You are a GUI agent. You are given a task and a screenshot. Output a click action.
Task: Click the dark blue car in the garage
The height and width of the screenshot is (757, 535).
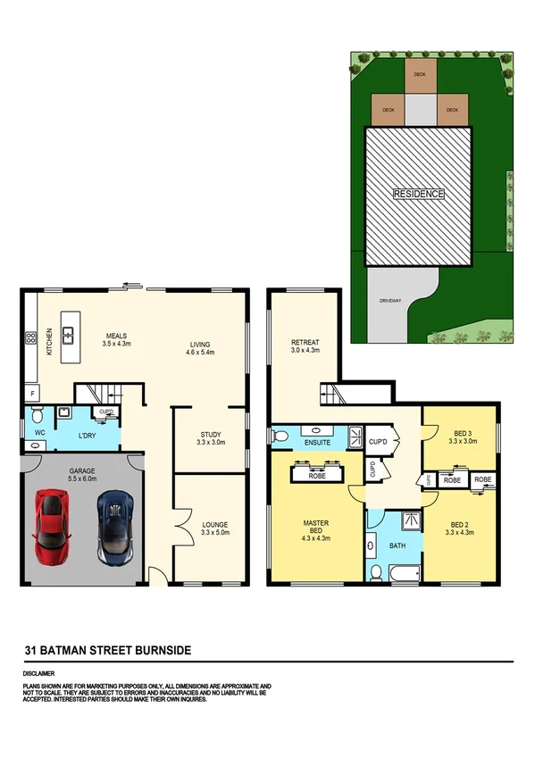click(114, 526)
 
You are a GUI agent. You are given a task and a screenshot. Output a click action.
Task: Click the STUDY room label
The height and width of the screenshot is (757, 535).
click(211, 435)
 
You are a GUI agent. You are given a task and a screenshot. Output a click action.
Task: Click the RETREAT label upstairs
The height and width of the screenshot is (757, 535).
click(305, 342)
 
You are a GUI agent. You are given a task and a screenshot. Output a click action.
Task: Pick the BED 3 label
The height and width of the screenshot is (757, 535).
click(459, 433)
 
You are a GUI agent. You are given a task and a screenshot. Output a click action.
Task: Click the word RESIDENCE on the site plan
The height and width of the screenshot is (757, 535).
click(419, 193)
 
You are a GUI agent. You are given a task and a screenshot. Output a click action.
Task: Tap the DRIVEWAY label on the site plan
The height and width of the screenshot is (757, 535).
click(390, 300)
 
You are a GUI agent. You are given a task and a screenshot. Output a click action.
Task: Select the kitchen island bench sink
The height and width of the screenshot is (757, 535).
click(66, 320)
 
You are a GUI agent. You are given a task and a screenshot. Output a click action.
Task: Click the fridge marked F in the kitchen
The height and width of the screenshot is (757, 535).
click(33, 392)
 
